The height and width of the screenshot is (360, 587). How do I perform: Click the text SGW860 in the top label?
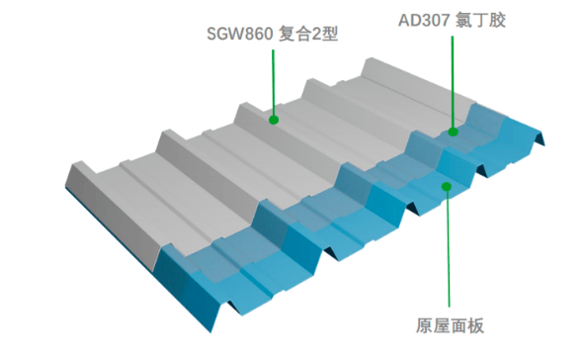tap(239, 34)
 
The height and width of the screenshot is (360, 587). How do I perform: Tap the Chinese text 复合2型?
tap(308, 34)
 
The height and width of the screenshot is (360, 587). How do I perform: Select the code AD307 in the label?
tap(424, 20)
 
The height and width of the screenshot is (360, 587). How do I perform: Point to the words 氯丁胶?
tap(480, 20)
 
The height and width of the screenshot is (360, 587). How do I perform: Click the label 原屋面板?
tap(450, 325)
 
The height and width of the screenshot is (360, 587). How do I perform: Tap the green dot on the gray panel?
tap(274, 120)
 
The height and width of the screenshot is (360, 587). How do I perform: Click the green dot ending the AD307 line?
tap(453, 132)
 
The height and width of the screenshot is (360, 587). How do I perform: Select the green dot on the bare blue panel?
tap(447, 186)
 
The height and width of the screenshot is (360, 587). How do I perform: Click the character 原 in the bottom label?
tap(424, 325)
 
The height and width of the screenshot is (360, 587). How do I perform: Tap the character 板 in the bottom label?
tap(475, 325)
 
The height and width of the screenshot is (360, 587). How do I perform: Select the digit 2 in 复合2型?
tap(316, 34)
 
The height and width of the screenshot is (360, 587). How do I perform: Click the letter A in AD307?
tap(404, 20)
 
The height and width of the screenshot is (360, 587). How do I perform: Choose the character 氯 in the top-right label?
tap(463, 20)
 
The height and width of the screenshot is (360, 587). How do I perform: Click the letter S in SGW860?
tap(212, 34)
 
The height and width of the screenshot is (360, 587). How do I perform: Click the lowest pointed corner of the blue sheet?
tap(210, 332)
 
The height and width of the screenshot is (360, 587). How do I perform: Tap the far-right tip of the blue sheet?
tap(545, 144)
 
